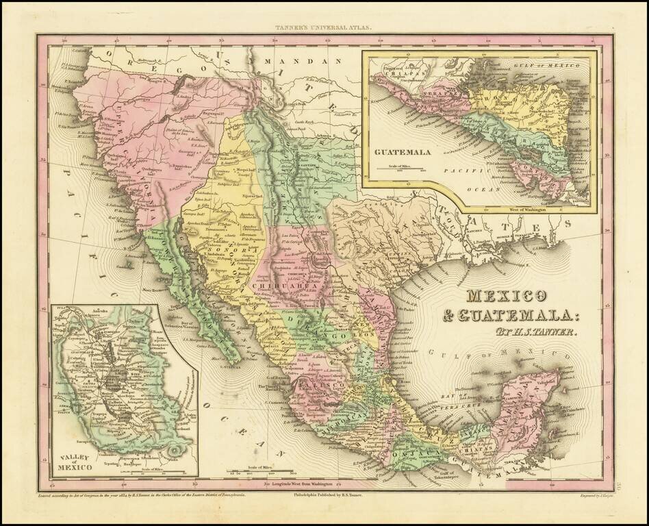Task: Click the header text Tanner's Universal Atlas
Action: point(324,28)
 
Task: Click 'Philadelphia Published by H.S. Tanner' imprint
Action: point(331,492)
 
